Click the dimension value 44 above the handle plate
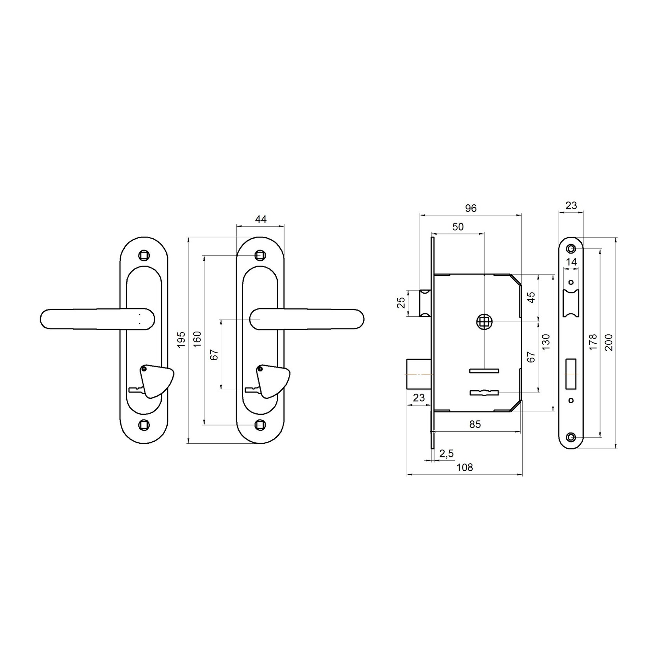261,219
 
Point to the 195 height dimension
181,339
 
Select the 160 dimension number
198,339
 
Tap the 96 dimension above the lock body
471,208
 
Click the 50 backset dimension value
458,227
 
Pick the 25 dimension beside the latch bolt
401,303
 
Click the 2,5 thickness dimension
447,453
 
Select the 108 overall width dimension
465,467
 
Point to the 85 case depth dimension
475,424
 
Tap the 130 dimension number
546,342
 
